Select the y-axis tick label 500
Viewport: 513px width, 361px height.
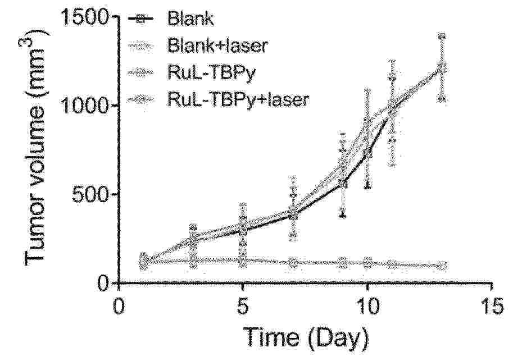pos(90,194)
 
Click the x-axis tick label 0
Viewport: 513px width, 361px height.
pos(118,307)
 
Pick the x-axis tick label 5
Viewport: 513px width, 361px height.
pos(242,307)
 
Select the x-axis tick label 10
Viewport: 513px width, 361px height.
pos(367,307)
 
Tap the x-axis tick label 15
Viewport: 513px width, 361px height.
pos(492,307)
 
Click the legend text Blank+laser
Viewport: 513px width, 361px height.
pos(217,45)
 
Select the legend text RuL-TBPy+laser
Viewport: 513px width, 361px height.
pos(238,99)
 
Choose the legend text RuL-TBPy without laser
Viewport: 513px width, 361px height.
pos(211,72)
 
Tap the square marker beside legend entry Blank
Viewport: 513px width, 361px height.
pos(141,19)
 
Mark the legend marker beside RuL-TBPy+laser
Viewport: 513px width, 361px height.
pos(141,99)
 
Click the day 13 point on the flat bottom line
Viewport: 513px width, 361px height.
pos(442,265)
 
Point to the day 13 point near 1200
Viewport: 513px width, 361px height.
pos(442,68)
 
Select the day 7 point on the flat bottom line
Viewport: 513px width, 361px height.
pos(293,262)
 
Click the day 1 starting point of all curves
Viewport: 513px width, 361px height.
pos(144,260)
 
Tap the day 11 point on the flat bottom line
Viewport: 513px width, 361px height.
pos(392,264)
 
